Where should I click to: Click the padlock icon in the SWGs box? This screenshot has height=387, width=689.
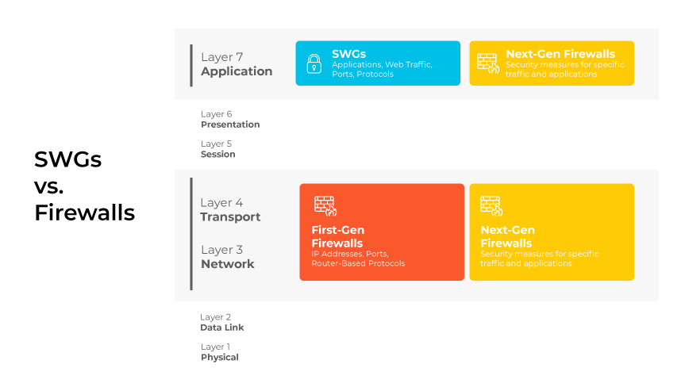[x=314, y=63]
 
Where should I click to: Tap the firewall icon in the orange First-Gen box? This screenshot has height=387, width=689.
[x=325, y=206]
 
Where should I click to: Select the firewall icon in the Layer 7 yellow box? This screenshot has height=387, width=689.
[x=488, y=63]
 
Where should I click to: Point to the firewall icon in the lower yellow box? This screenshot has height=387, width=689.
[x=491, y=206]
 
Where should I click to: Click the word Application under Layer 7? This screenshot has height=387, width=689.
[x=237, y=71]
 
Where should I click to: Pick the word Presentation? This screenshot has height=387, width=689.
[x=230, y=125]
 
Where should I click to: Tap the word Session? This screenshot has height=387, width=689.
[x=218, y=154]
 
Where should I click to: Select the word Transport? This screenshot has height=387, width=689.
[x=230, y=216]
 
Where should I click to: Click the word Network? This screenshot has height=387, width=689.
[x=228, y=264]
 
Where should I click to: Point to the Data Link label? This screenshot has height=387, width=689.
[x=222, y=328]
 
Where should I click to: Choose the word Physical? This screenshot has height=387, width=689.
[x=220, y=357]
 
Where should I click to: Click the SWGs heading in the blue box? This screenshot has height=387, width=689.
[x=349, y=54]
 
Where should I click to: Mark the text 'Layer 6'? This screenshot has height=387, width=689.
[x=216, y=114]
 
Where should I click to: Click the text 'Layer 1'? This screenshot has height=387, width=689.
[x=215, y=347]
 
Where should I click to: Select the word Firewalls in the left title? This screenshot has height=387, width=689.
[x=84, y=213]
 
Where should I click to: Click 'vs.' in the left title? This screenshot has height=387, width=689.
[x=48, y=186]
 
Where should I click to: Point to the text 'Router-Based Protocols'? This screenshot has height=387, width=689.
[x=358, y=263]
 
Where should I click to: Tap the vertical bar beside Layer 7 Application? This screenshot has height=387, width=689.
[x=191, y=65]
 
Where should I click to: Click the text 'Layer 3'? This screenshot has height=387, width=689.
[x=222, y=250]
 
